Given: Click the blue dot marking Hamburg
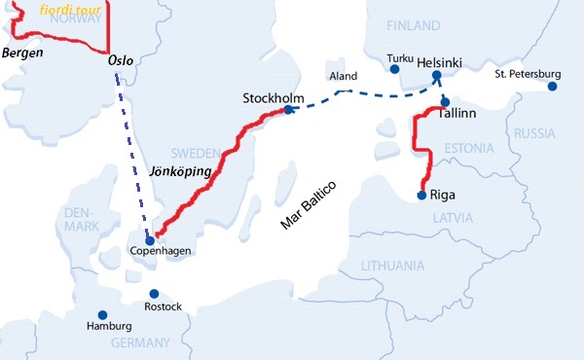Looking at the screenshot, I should click(x=101, y=314).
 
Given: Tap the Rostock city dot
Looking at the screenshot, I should click(x=153, y=293).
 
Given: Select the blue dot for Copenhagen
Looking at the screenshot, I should click(x=150, y=239).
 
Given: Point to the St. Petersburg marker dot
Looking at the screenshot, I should click(x=552, y=87).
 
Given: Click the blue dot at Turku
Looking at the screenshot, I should click(x=394, y=69).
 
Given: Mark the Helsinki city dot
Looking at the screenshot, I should click(x=437, y=75).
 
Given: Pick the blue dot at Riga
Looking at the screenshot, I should click(x=420, y=195).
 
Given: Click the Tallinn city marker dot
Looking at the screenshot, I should click(x=444, y=101).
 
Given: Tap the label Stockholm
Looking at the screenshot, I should click(x=273, y=99).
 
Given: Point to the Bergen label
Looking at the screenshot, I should click(x=22, y=52).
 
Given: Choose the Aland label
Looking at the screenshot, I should click(x=345, y=76).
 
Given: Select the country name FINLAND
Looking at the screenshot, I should click(x=414, y=24).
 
